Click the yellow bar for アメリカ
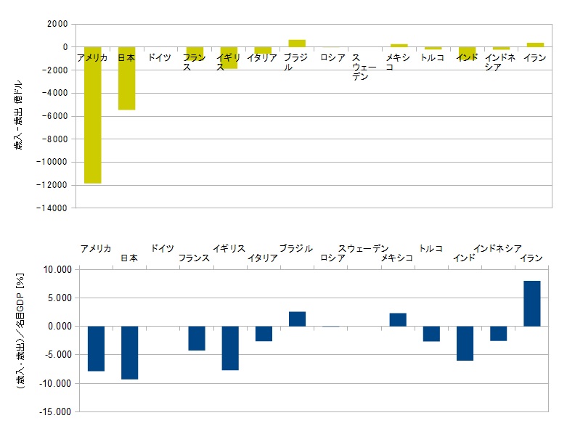pos(92,116)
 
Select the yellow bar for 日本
pos(126,78)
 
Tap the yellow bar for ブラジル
pos(296,43)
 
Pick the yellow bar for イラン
pos(534,44)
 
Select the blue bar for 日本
pos(129,353)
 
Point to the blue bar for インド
pos(465,343)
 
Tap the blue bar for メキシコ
pos(398,319)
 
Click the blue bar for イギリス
pos(230,348)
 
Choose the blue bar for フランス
pos(197,338)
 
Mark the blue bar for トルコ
pos(431,334)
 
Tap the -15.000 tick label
pos(56,412)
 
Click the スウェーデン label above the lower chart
pos(363,248)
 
